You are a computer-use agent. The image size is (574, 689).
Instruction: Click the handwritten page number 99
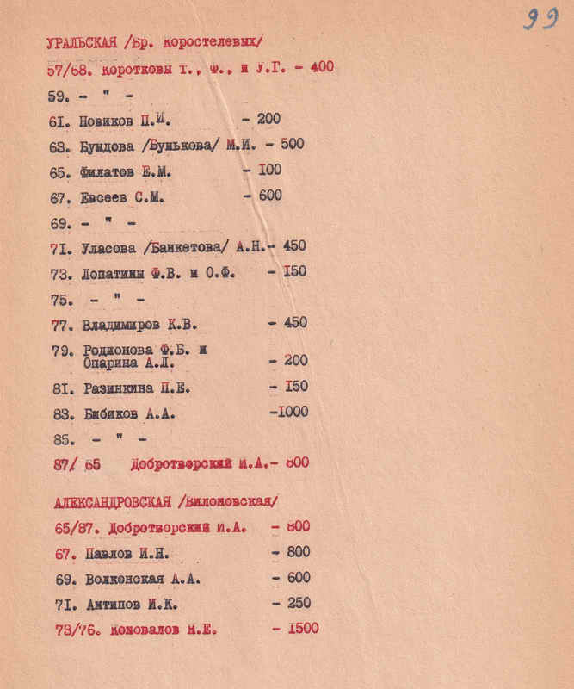pyautogui.click(x=540, y=19)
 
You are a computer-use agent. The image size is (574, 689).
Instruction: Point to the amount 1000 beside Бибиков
pyautogui.click(x=291, y=413)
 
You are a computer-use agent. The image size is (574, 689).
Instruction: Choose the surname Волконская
pyautogui.click(x=122, y=578)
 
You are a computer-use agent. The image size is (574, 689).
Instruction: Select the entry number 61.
pyautogui.click(x=59, y=122)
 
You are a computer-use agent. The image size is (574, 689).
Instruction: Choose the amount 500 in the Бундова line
pyautogui.click(x=292, y=144)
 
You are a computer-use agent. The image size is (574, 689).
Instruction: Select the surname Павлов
pyautogui.click(x=107, y=552)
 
